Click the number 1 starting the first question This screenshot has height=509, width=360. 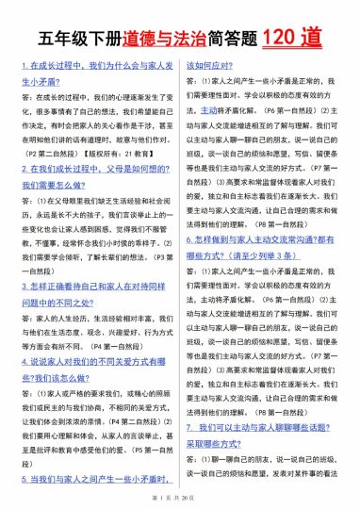[23, 67]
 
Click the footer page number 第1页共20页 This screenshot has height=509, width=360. [179, 496]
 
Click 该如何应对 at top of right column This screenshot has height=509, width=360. [212, 67]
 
